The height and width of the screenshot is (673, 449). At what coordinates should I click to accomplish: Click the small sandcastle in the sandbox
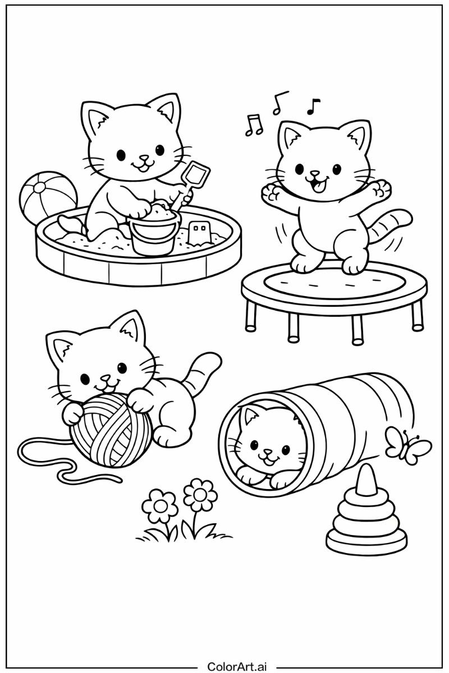(199, 233)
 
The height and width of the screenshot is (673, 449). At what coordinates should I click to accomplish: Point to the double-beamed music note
(254, 125)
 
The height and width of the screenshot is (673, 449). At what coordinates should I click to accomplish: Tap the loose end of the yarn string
(118, 478)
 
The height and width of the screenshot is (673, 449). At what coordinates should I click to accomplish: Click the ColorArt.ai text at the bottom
(237, 666)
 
